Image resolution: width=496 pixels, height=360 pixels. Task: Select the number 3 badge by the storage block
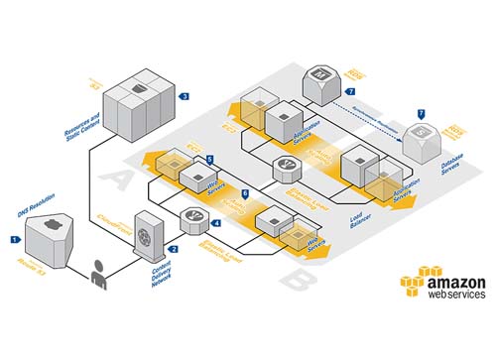[185, 96]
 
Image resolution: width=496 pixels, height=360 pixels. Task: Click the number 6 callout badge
[246, 193]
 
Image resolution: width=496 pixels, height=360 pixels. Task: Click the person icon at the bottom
[98, 275]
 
